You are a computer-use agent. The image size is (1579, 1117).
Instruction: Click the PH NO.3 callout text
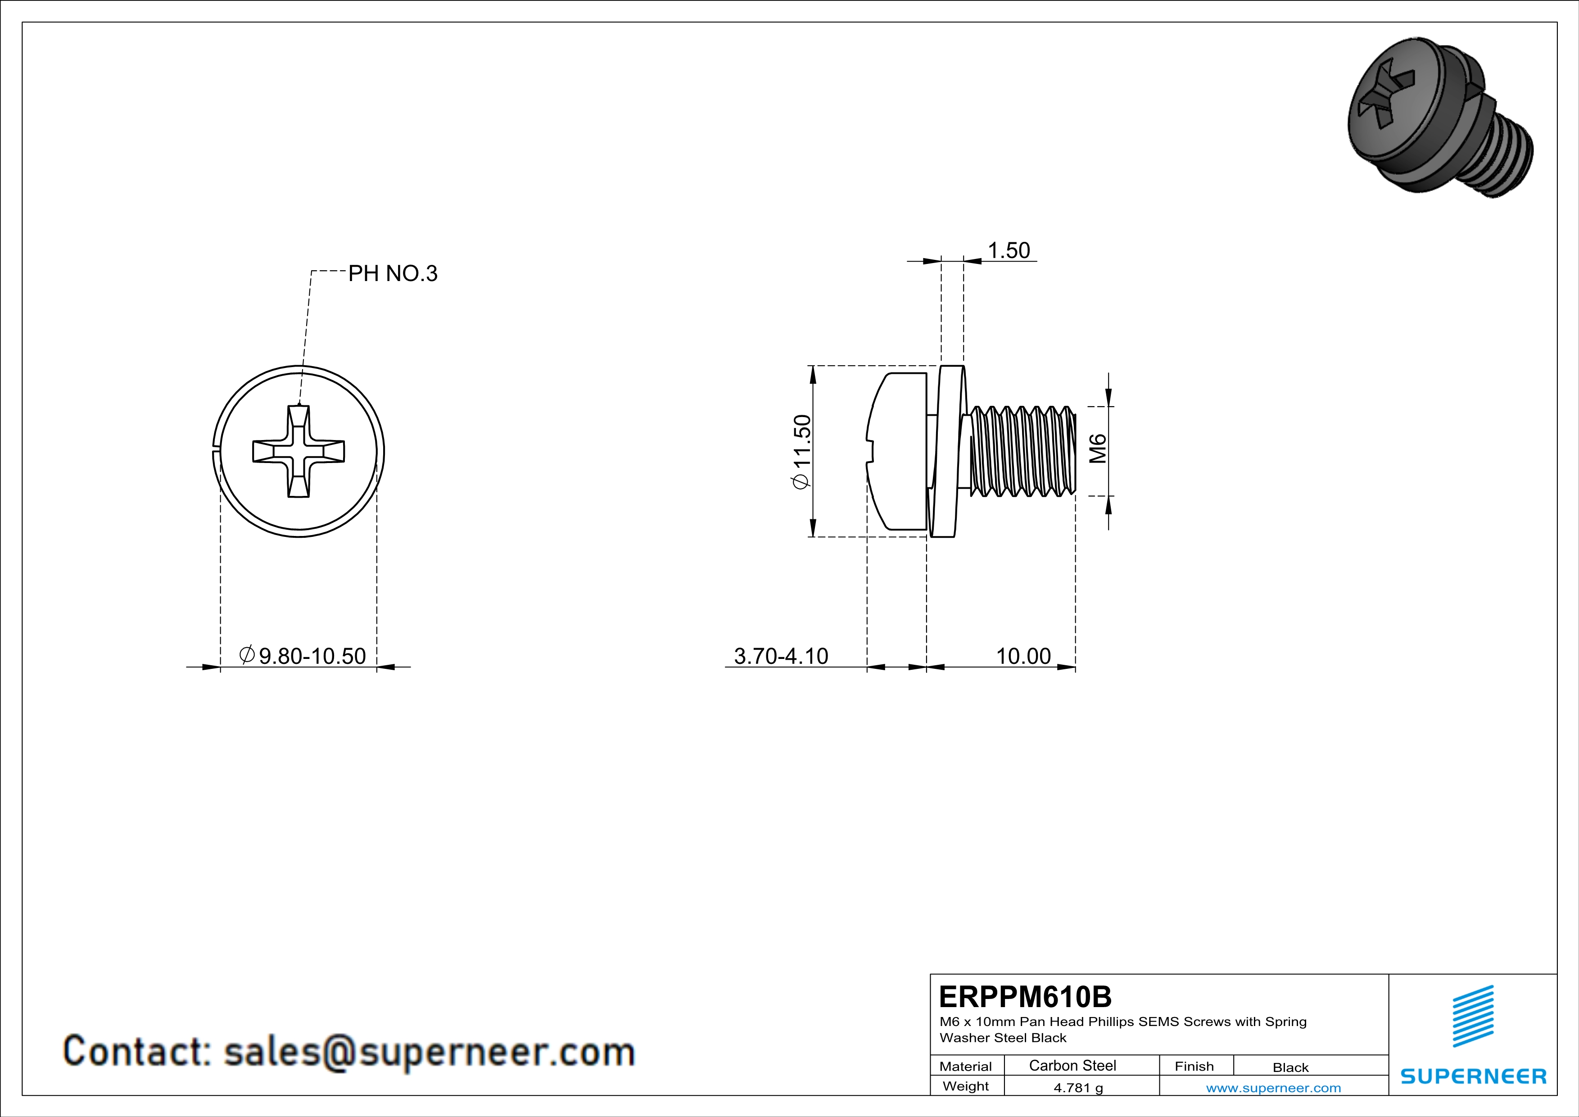(392, 274)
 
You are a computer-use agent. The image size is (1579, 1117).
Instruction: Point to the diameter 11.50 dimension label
(802, 451)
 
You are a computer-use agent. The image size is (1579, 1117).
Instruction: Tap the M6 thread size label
(1098, 449)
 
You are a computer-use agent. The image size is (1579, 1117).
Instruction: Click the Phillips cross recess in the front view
(299, 451)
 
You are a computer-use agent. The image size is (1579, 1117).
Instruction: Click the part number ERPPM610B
(1025, 997)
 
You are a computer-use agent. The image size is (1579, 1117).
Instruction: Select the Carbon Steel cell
(1072, 1065)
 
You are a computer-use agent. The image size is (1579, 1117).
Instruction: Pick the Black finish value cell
(1290, 1067)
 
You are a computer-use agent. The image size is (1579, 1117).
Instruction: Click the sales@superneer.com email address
(429, 1052)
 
